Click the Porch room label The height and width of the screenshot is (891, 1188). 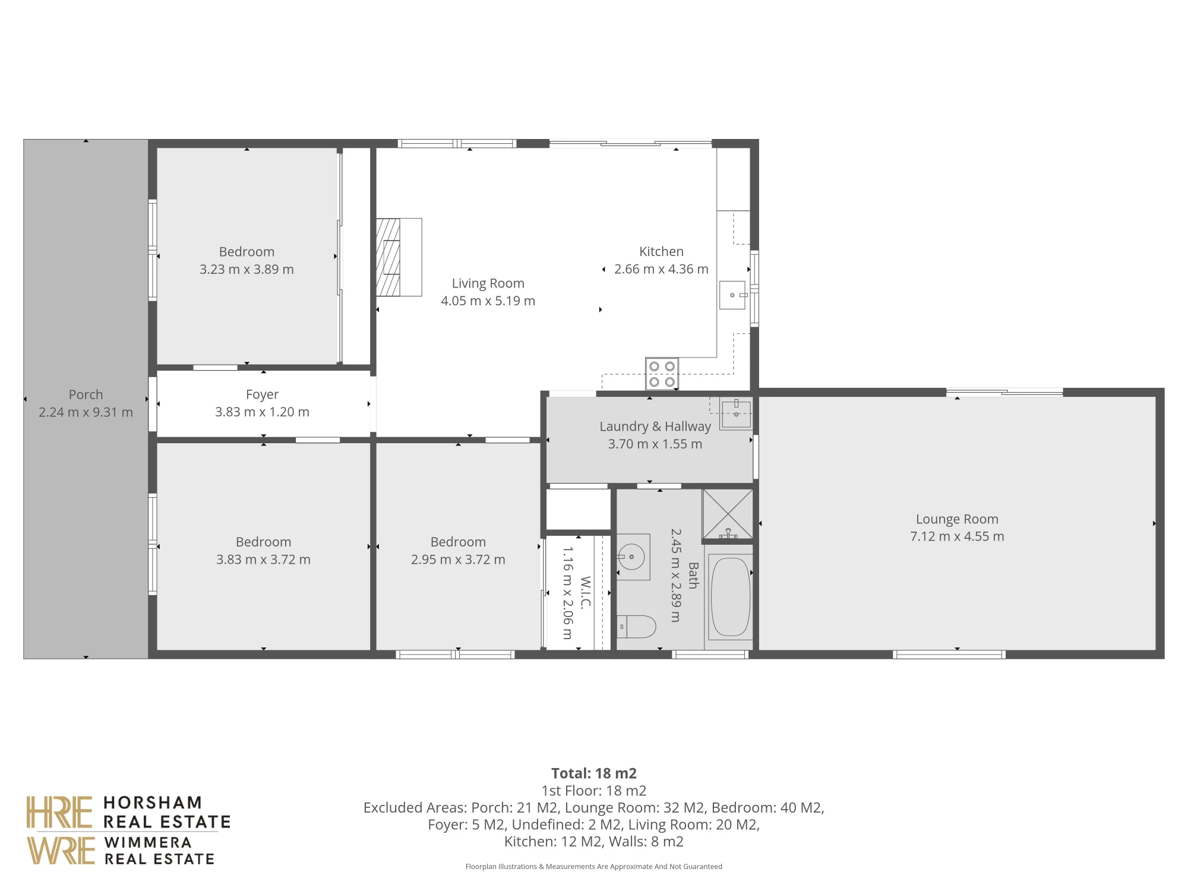click(86, 394)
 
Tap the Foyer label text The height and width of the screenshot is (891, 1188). click(262, 394)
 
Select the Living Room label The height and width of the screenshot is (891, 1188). click(488, 283)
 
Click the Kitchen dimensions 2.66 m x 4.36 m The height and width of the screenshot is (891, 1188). click(661, 269)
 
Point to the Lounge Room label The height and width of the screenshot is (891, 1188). click(957, 519)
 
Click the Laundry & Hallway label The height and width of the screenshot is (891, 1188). click(655, 426)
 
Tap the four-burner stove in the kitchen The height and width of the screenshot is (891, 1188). click(662, 374)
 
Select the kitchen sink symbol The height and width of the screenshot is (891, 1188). click(733, 295)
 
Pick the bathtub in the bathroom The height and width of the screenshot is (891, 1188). click(730, 597)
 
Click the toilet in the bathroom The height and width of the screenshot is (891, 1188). click(636, 626)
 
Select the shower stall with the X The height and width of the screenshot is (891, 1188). click(728, 514)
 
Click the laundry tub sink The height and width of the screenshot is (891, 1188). click(736, 412)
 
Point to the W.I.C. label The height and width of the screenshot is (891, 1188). click(585, 592)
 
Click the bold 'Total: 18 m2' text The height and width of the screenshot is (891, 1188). click(594, 773)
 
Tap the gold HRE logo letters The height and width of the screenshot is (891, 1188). click(59, 813)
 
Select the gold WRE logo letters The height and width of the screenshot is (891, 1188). click(61, 850)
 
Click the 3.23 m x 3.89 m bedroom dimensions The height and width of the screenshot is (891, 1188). click(247, 269)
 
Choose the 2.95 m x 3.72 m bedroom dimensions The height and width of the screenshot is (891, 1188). click(458, 560)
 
